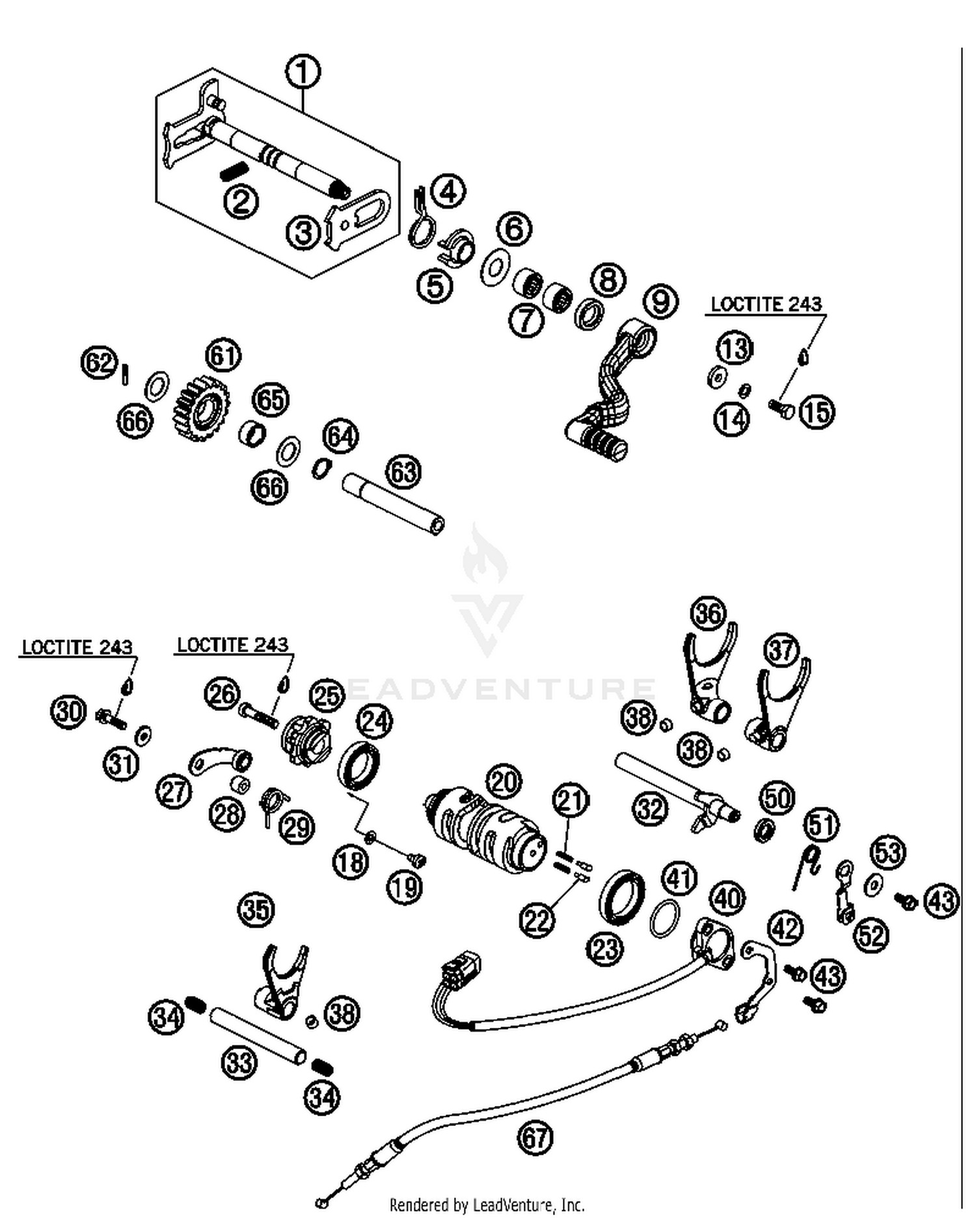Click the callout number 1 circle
303,72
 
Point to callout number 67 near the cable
535,1138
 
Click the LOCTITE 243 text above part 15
766,304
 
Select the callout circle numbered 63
403,471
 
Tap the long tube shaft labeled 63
394,504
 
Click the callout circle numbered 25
326,695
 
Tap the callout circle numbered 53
888,852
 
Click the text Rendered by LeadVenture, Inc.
487,1205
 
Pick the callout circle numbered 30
68,710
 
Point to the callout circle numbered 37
781,650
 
